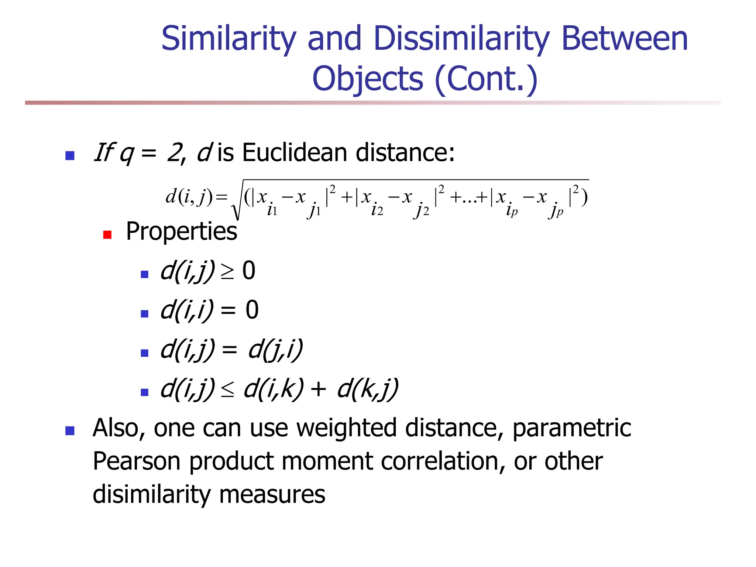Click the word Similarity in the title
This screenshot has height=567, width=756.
tap(229, 39)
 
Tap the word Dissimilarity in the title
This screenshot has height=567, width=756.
tap(462, 39)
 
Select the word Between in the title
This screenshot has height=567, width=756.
tap(625, 39)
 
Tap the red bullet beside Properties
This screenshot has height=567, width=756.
tap(107, 235)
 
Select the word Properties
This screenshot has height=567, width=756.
tap(181, 232)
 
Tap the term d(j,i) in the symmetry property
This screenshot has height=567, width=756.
tap(275, 350)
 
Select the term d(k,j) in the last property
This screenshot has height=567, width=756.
tap(368, 389)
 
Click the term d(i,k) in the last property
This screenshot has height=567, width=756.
tap(274, 389)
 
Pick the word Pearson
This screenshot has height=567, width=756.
tap(136, 461)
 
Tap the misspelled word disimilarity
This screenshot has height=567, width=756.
tap(151, 494)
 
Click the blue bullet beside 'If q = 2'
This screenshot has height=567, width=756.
tap(70, 155)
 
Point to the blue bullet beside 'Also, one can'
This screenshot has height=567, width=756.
tap(70, 431)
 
